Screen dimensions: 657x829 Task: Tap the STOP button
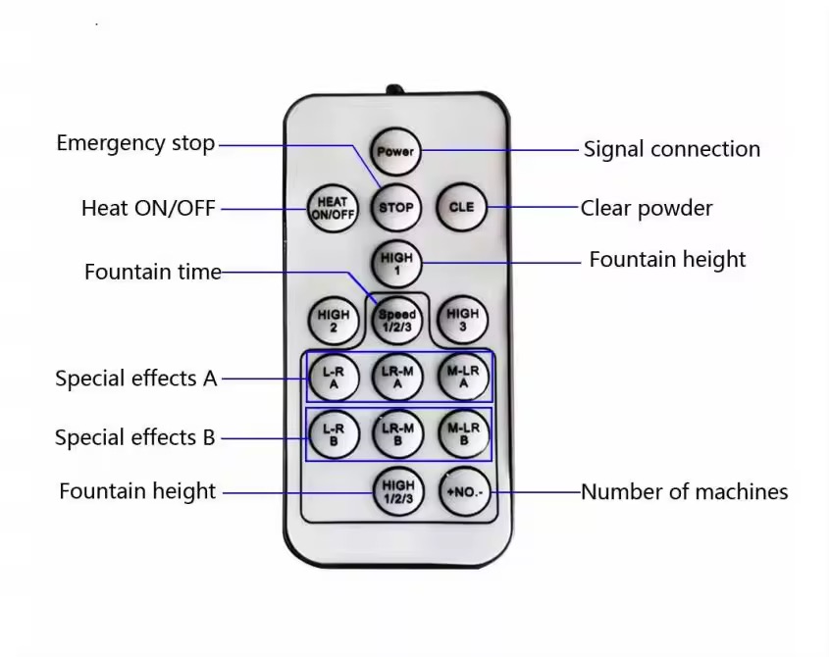[x=396, y=208]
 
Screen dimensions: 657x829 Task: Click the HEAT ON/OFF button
[x=333, y=208]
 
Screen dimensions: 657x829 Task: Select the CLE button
[x=461, y=208]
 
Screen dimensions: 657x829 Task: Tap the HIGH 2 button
[x=333, y=321]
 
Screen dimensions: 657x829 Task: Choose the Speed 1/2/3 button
[x=396, y=321]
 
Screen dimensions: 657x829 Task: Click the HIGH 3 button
[x=462, y=321]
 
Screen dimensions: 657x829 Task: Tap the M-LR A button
[x=462, y=377]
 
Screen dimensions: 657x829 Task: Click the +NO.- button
[x=462, y=491]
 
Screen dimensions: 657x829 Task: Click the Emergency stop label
[x=135, y=143]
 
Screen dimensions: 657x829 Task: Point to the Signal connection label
[x=671, y=149]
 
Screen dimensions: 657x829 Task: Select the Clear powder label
[x=647, y=208]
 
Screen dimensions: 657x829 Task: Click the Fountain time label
[x=153, y=272]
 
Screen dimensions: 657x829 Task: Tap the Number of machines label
[x=684, y=491]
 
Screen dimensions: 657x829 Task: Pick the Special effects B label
[x=135, y=437]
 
